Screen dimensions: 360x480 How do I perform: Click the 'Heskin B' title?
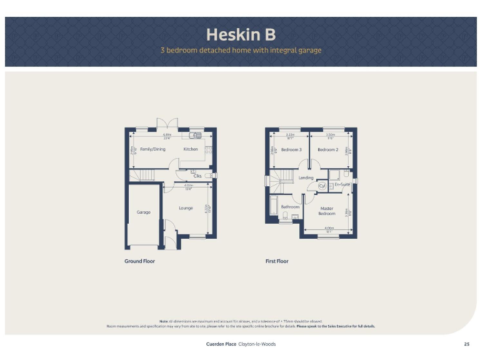point(241,34)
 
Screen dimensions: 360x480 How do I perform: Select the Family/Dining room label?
point(152,149)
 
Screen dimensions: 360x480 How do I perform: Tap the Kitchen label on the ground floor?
point(191,149)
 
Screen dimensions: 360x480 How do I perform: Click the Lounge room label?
point(186,208)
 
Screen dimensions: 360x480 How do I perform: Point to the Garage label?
point(144,212)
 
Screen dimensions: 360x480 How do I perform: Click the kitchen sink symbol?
point(196,135)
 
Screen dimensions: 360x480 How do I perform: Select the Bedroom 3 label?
point(291,150)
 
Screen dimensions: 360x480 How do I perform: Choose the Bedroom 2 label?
point(327,150)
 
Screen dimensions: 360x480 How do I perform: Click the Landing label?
point(306,177)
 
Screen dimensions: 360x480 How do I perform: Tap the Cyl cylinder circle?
point(322,186)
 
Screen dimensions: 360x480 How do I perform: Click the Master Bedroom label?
point(327,211)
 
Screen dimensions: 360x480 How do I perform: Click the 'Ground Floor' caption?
point(139,261)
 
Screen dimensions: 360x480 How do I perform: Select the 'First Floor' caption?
point(277,261)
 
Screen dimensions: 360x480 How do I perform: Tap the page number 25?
point(466,344)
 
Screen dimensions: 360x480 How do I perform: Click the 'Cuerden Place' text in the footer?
point(221,344)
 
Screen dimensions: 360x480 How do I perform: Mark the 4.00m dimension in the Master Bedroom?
point(329,228)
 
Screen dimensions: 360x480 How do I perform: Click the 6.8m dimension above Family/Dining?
point(167,134)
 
